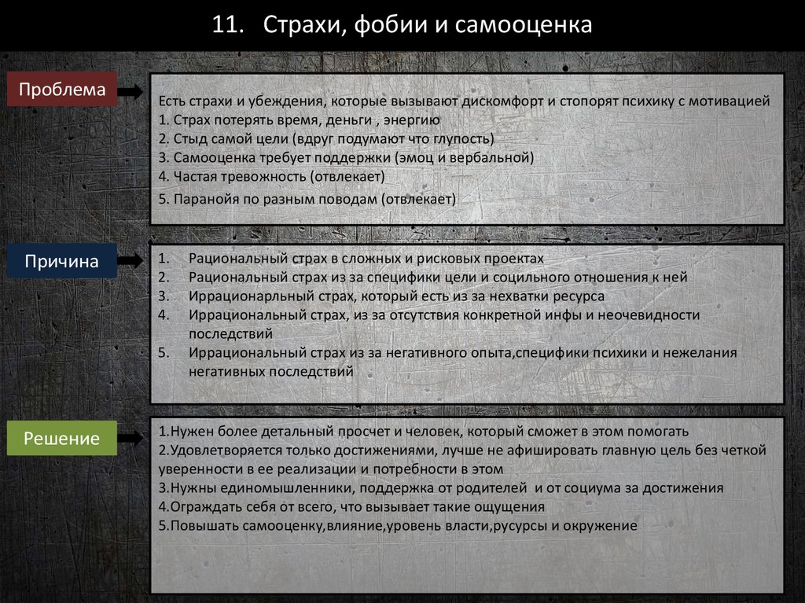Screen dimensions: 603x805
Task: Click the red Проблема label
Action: click(x=62, y=90)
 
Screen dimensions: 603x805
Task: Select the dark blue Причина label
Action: click(x=62, y=261)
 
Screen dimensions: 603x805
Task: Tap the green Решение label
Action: click(x=62, y=438)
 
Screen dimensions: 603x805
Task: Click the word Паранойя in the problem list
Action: click(x=200, y=199)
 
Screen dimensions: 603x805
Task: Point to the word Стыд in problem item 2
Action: click(x=185, y=139)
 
